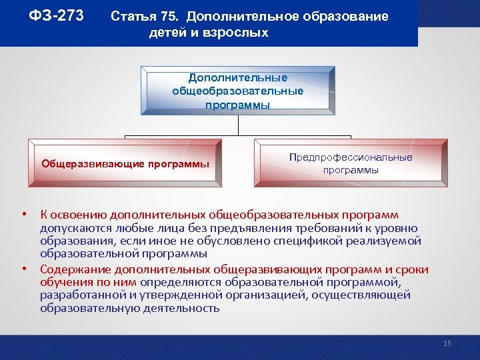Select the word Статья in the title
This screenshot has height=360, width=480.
[x=133, y=17]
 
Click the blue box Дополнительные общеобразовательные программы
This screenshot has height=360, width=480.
[x=237, y=91]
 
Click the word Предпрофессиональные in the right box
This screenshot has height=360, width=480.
[x=351, y=157]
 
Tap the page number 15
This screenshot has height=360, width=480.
[x=447, y=343]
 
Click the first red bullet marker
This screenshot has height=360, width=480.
[x=23, y=215]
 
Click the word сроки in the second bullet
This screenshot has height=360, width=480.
[x=413, y=269]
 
